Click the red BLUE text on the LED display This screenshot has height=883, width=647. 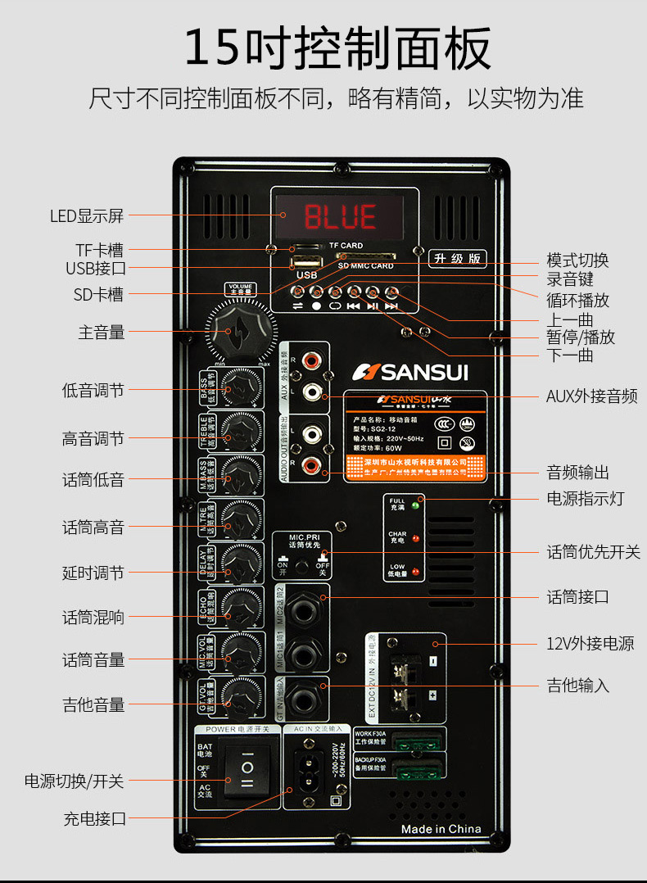pos(341,216)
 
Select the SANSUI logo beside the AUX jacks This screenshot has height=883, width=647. pos(410,373)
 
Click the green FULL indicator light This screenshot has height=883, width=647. pos(415,505)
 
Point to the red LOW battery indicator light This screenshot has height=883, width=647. pos(415,571)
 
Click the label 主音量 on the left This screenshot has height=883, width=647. pos(102,332)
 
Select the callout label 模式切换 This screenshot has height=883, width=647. pos(577,260)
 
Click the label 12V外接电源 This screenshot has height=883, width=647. pos(590,644)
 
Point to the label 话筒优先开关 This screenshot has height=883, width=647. pos(593,552)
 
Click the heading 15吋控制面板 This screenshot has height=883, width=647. pos(337,48)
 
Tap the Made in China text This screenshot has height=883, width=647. pos(441,829)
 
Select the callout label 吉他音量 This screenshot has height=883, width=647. pos(93,704)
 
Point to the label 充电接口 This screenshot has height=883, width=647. pos(95,818)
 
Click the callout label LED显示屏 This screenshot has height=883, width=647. pos(86,216)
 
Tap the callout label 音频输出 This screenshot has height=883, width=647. pos(577,473)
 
